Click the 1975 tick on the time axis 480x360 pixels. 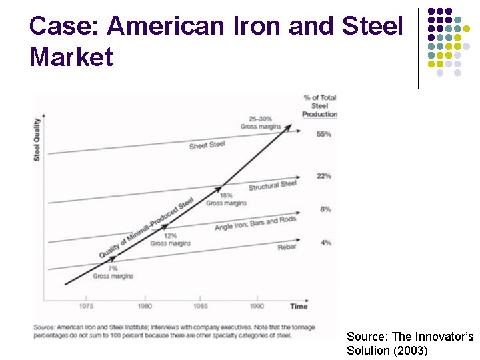(85, 306)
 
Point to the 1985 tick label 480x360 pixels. (200, 306)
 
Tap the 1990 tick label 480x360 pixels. (257, 306)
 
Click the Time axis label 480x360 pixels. (299, 306)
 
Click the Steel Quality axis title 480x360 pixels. (37, 139)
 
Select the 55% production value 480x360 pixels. (324, 134)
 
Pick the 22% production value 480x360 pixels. (324, 176)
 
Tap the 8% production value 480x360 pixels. (325, 209)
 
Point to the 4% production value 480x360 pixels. (325, 243)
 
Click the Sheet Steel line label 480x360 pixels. (207, 145)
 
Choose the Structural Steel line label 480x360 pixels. (272, 185)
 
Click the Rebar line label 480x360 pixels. (287, 247)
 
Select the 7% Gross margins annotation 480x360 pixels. (113, 272)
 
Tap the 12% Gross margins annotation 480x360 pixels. (170, 240)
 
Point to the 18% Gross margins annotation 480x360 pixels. (226, 199)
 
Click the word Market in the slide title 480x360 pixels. (71, 57)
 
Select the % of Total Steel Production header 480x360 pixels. (319, 105)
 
